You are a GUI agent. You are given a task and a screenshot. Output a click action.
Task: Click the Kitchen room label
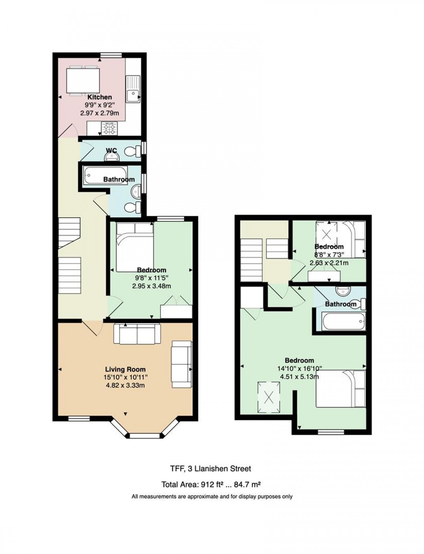coord(99,97)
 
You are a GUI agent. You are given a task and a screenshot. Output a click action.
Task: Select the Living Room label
coord(125,369)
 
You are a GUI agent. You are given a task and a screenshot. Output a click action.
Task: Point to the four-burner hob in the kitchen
coord(110,129)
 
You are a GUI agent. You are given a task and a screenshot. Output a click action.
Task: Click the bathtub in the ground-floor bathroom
coord(105,175)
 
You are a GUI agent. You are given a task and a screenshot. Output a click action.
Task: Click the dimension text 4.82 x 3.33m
coord(125,385)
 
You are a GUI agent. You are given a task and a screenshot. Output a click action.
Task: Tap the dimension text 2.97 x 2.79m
coord(99,113)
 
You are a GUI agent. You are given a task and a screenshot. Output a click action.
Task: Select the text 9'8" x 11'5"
coord(152,278)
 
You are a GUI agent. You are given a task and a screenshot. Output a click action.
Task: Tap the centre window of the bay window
coord(144,436)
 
